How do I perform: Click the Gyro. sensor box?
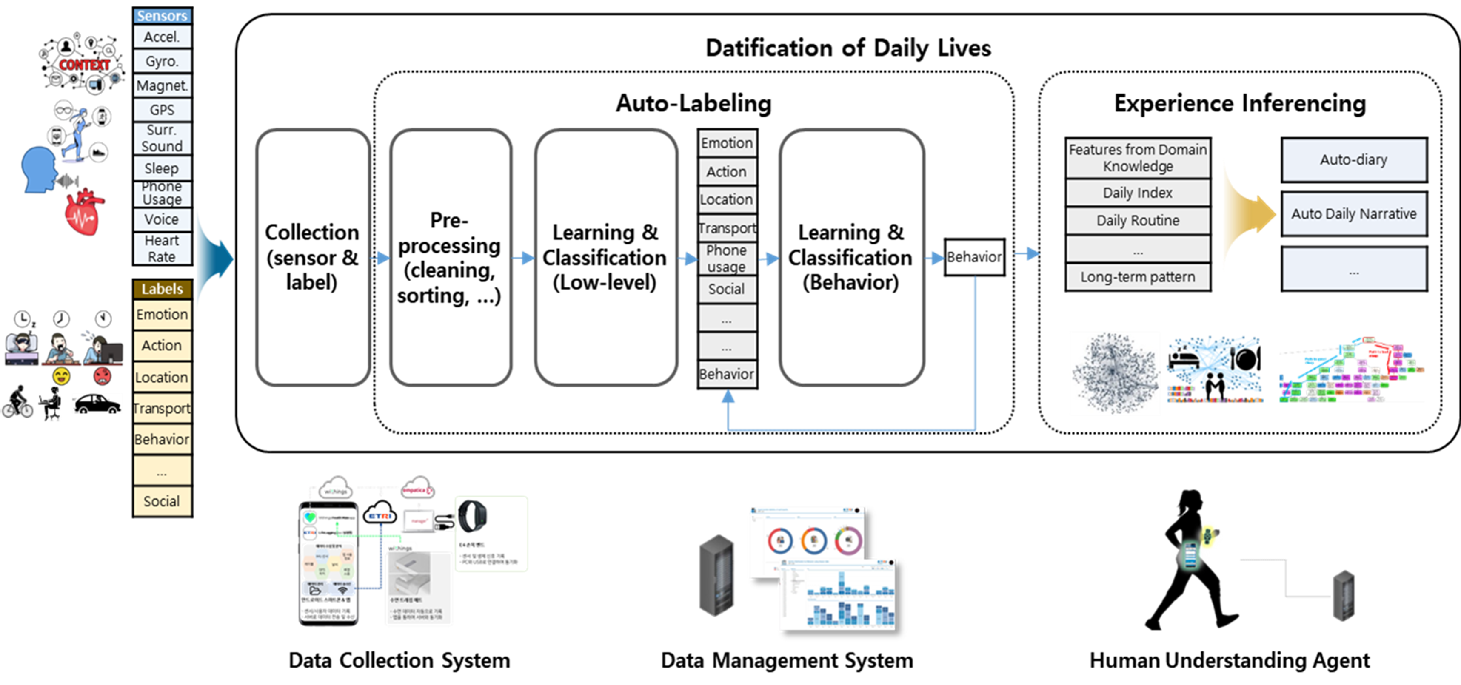(x=162, y=61)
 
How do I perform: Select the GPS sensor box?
(x=162, y=109)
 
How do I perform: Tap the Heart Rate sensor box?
(x=162, y=249)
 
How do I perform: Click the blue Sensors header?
(x=162, y=16)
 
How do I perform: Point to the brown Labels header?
(x=162, y=289)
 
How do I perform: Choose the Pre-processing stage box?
(x=450, y=258)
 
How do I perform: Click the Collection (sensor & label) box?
(x=313, y=258)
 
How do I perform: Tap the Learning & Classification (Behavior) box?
(x=851, y=258)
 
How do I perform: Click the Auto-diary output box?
(x=1354, y=160)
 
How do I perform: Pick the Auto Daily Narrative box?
(x=1354, y=214)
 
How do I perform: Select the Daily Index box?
(x=1138, y=193)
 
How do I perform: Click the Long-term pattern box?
(x=1138, y=277)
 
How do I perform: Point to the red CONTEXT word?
(x=85, y=65)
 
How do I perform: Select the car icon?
(x=97, y=404)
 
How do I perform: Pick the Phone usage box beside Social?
(x=727, y=259)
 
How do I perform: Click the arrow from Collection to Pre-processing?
(x=380, y=259)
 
